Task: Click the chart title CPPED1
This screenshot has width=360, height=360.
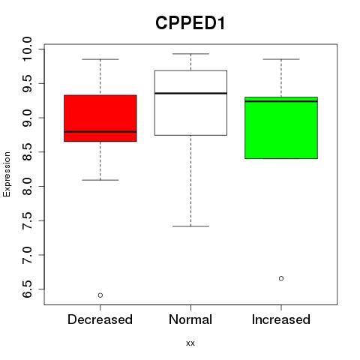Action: [x=190, y=23]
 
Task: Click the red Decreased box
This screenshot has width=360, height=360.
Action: [x=100, y=118]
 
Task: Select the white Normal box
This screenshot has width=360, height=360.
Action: [x=190, y=103]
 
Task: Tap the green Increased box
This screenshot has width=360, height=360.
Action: [x=281, y=127]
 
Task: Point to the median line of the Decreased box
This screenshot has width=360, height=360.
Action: [x=100, y=132]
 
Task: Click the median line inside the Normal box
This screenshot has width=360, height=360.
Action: [x=190, y=93]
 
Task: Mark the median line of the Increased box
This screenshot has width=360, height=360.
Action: [x=281, y=101]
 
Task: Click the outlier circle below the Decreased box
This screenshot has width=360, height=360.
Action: [x=100, y=295]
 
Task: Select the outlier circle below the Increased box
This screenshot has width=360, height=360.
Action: [x=281, y=278]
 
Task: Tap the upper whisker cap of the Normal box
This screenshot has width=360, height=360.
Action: [x=190, y=54]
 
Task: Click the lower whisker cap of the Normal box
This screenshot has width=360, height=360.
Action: [x=190, y=226]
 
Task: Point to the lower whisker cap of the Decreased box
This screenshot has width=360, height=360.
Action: [x=100, y=180]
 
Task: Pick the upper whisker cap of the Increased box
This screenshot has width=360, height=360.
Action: [x=281, y=59]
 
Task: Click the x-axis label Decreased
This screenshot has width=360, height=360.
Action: [x=100, y=319]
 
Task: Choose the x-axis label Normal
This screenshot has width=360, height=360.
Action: [x=190, y=319]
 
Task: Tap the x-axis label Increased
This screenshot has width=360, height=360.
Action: [x=281, y=319]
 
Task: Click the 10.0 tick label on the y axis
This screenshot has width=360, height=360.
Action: [x=27, y=49]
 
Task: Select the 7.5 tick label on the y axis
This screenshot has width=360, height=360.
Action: [x=27, y=220]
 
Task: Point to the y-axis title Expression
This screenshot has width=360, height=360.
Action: [x=7, y=174]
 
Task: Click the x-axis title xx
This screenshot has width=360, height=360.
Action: [x=190, y=343]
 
